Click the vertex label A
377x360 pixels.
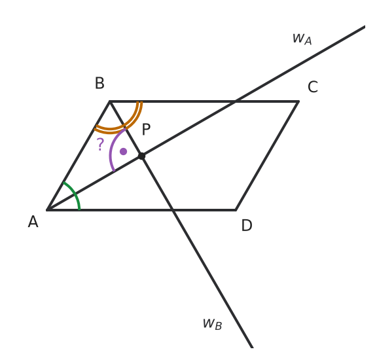33,221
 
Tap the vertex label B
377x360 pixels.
99,83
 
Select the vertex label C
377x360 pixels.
313,87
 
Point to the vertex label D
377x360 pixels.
247,225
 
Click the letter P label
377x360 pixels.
146,130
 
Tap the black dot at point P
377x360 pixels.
142,156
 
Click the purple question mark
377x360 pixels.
100,144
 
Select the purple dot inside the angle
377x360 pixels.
123,151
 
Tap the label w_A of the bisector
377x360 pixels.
302,39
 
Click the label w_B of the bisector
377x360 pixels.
212,324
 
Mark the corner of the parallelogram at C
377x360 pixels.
298,101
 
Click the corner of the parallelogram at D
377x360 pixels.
236,210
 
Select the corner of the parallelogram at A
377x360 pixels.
47,210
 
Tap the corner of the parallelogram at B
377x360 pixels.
110,101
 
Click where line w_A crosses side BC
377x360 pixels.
236,101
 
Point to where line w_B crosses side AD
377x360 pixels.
173,210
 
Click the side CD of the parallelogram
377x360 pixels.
267,156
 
